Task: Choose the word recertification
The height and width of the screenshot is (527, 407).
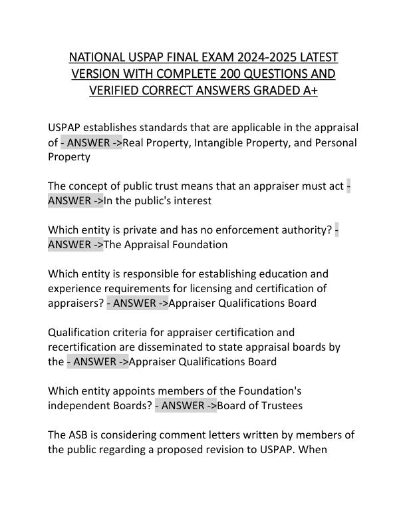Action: [x=84, y=347]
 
